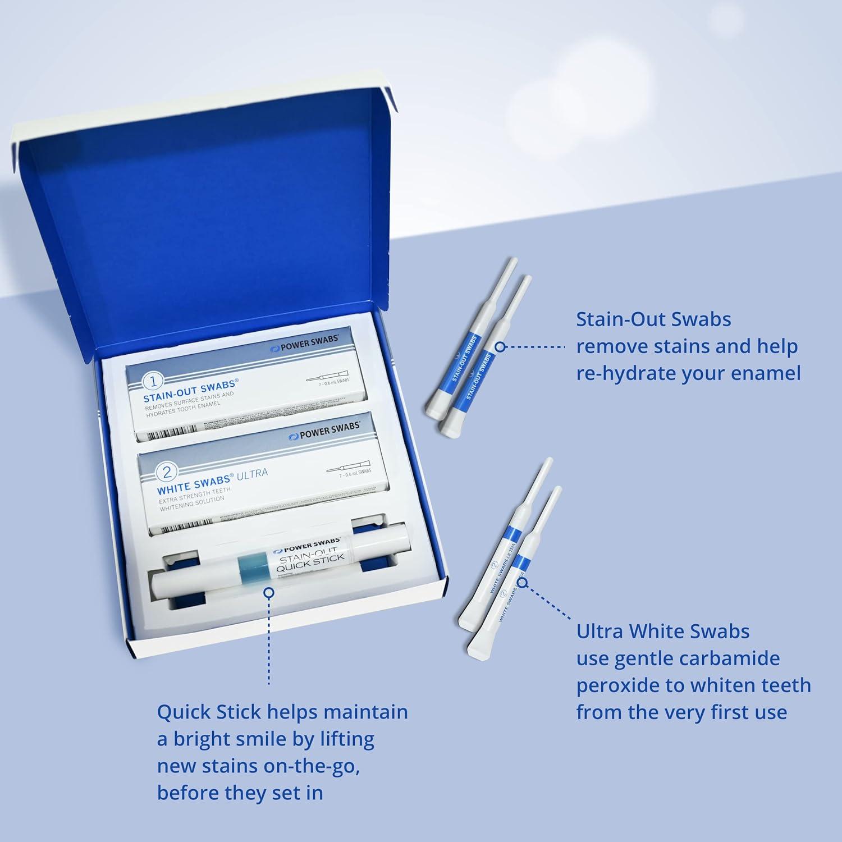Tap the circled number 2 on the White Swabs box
[x=167, y=473]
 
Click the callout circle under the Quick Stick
[x=269, y=592]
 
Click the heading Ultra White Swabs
[x=663, y=631]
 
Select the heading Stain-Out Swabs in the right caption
[x=653, y=319]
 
